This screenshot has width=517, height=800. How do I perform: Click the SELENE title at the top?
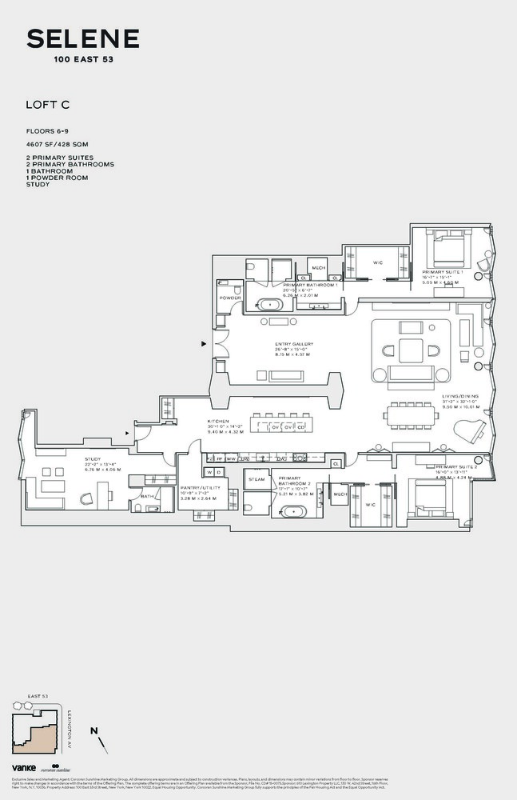83,38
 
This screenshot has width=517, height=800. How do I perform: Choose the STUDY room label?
93,458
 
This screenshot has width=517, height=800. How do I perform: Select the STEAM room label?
257,479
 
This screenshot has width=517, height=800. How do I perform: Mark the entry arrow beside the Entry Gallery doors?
205,344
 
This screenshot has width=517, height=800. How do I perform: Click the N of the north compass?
93,731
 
